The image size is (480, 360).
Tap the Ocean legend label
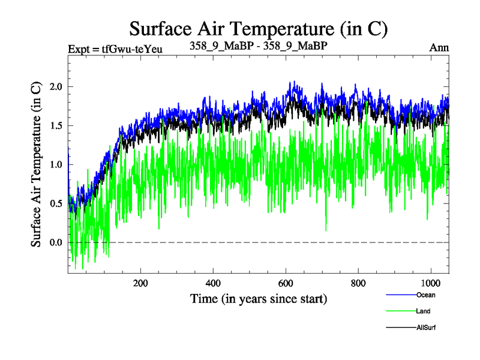(425, 295)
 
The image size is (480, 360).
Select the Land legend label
(422, 311)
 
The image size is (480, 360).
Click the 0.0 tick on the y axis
(56, 242)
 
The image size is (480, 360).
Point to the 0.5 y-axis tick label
(56, 203)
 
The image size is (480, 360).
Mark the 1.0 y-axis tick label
(56, 164)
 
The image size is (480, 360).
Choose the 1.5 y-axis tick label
(56, 125)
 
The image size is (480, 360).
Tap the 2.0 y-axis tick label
(56, 86)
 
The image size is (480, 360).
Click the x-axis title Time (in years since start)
(259, 298)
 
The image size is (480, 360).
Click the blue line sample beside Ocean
(400, 295)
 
